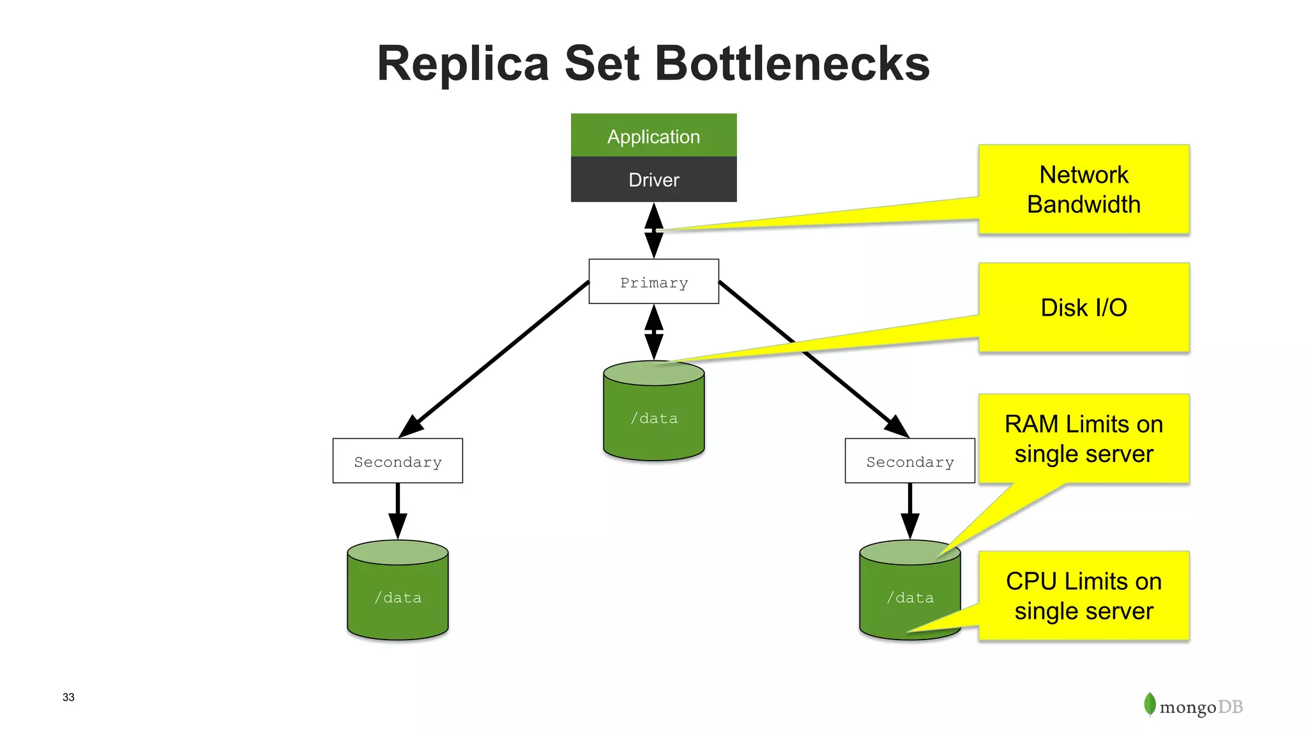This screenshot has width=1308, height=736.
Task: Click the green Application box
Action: [x=653, y=135]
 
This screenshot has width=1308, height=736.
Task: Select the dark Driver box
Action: [x=653, y=180]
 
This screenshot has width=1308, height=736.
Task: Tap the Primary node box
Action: [x=653, y=282]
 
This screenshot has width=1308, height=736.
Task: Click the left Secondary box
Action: [x=397, y=461]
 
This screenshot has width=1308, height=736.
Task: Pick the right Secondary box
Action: [x=909, y=461]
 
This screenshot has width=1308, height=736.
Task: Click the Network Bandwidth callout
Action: [x=1083, y=189]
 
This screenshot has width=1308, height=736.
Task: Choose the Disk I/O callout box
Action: [x=1083, y=307]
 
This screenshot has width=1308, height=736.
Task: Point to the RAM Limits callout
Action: [x=1083, y=439]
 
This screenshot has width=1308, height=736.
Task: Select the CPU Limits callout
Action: [x=1083, y=595]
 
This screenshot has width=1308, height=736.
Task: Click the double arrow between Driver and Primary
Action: [x=653, y=231]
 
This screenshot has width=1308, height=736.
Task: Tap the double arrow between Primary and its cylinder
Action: [x=653, y=332]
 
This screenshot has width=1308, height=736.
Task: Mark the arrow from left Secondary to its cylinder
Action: [x=397, y=511]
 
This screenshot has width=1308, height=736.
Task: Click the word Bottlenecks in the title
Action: [x=792, y=63]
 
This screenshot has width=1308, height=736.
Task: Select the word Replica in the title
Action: [x=462, y=63]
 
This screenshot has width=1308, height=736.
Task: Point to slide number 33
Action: [x=68, y=697]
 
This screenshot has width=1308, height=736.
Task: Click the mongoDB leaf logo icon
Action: [x=1150, y=705]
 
